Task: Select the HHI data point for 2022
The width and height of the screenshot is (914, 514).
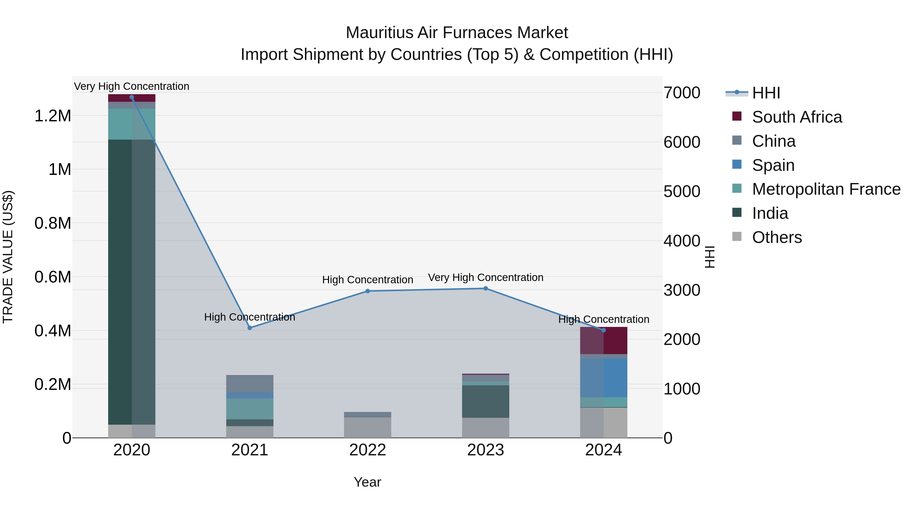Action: pyautogui.click(x=368, y=291)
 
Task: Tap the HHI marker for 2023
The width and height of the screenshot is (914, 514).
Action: pyautogui.click(x=485, y=288)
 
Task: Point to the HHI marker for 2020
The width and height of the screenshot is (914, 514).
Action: pyautogui.click(x=132, y=97)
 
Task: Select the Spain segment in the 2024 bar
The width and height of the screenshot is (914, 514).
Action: pyautogui.click(x=603, y=378)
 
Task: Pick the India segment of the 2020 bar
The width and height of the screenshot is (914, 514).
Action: pyautogui.click(x=132, y=282)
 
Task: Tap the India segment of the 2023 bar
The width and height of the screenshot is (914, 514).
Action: pyautogui.click(x=485, y=401)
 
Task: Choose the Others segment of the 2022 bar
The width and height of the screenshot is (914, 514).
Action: pyautogui.click(x=368, y=427)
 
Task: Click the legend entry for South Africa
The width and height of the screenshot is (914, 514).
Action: pyautogui.click(x=796, y=117)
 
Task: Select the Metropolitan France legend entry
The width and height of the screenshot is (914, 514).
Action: pyautogui.click(x=826, y=189)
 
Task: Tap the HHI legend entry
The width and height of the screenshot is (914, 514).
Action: pyautogui.click(x=766, y=93)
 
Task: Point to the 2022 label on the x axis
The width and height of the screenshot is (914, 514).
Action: pyautogui.click(x=368, y=450)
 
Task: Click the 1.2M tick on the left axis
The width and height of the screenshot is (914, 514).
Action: pyautogui.click(x=53, y=116)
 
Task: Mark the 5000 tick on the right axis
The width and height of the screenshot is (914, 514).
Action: pyautogui.click(x=682, y=192)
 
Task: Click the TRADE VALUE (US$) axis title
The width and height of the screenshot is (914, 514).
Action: pyautogui.click(x=8, y=257)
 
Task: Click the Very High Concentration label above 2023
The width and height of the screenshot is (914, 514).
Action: pyautogui.click(x=485, y=277)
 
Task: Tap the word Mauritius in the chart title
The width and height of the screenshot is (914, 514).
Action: pyautogui.click(x=379, y=33)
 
